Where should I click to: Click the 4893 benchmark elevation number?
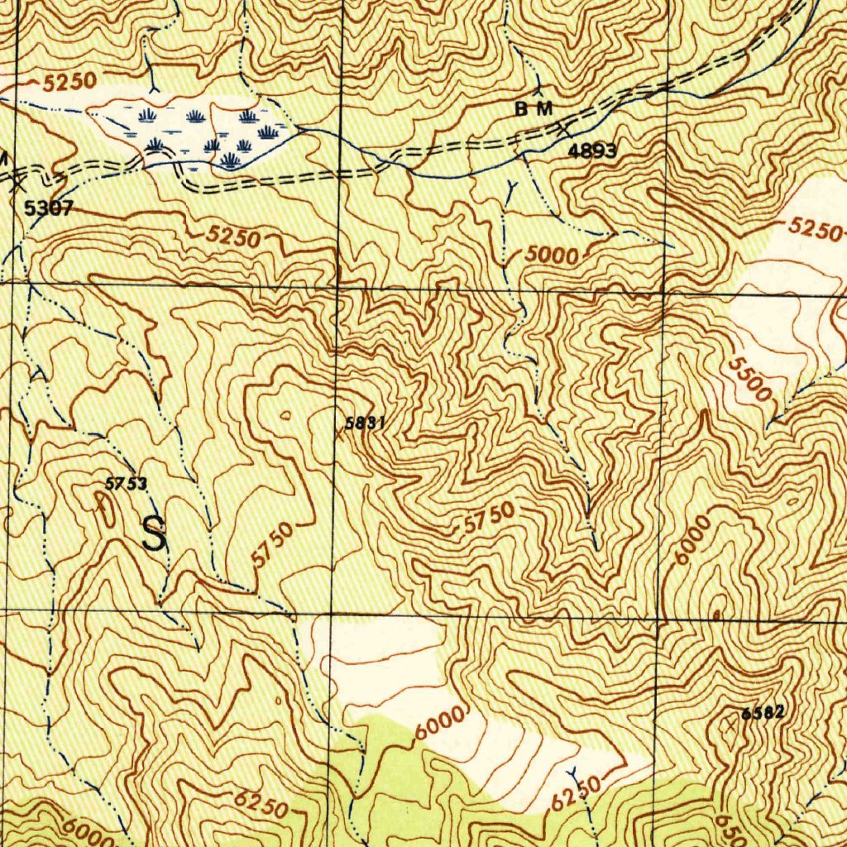pyautogui.click(x=592, y=151)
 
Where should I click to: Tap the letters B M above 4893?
pyautogui.click(x=534, y=108)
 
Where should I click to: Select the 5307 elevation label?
pyautogui.click(x=49, y=208)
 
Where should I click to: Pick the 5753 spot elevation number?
pyautogui.click(x=126, y=485)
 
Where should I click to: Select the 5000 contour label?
pyautogui.click(x=552, y=255)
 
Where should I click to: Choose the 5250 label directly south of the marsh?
pyautogui.click(x=233, y=237)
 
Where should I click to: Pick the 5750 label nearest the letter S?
pyautogui.click(x=271, y=546)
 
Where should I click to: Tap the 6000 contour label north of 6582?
pyautogui.click(x=691, y=540)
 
